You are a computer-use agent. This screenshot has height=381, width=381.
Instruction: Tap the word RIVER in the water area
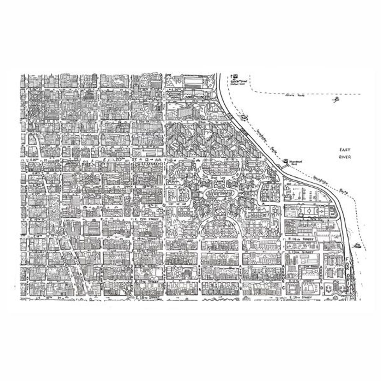pos(345,157)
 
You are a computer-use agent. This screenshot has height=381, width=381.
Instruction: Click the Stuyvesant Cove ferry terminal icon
pos(285,161)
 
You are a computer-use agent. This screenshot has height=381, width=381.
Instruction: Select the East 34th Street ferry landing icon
pos(233,76)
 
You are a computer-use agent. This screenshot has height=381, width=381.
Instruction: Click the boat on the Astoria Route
pos(335,100)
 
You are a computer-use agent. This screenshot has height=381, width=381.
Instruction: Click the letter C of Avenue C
pos(283,288)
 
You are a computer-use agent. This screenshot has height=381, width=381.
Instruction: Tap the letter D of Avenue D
pos(321,288)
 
